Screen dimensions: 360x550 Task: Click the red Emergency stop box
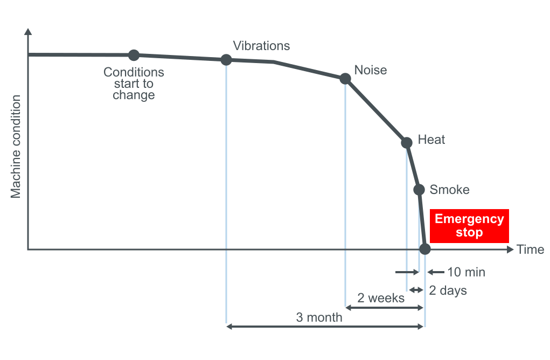click(469, 226)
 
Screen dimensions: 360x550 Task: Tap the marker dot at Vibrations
click(226, 59)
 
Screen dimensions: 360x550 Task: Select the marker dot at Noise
click(345, 79)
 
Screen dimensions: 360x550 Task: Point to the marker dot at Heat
click(407, 142)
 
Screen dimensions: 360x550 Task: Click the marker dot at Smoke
click(419, 189)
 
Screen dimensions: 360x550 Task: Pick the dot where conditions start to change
click(134, 55)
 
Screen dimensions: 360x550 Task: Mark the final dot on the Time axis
click(425, 249)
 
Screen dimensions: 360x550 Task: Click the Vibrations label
click(261, 46)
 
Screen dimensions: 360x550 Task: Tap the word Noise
click(371, 70)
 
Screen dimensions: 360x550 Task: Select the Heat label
click(431, 140)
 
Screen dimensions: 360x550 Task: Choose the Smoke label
click(449, 190)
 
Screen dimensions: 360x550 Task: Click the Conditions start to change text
click(134, 84)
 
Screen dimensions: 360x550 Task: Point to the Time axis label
click(530, 250)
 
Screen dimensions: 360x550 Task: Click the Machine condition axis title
click(16, 146)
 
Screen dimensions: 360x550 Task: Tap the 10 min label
click(467, 272)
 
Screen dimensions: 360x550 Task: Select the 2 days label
click(448, 290)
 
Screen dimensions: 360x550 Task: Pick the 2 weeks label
click(381, 298)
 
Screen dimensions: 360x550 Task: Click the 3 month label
click(319, 317)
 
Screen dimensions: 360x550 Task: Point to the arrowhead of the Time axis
click(510, 250)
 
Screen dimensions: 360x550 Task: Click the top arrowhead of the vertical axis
click(28, 31)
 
